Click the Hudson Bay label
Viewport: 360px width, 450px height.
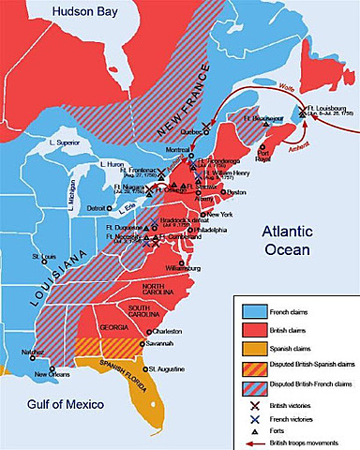(43, 12)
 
